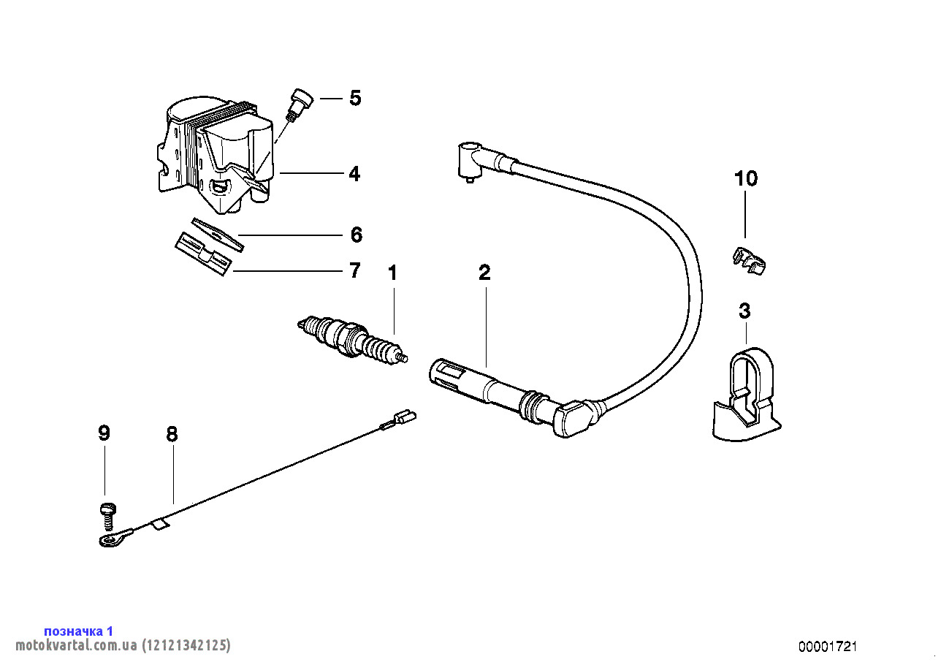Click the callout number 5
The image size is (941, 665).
click(x=355, y=98)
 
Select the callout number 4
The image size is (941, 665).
click(x=354, y=174)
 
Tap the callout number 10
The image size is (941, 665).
click(x=746, y=178)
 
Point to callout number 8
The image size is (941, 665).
click(x=172, y=435)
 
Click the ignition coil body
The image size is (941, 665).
click(x=219, y=153)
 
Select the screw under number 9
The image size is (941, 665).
click(x=107, y=514)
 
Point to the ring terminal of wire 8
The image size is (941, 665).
click(x=112, y=539)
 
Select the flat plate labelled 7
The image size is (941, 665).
click(x=203, y=252)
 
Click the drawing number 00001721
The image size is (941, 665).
click(x=827, y=647)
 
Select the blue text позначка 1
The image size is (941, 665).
click(x=79, y=631)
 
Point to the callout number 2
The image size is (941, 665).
click(x=484, y=273)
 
